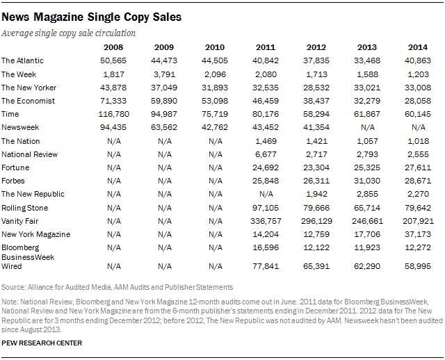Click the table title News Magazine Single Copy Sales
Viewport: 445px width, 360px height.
click(91, 17)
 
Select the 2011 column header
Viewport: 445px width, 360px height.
click(266, 47)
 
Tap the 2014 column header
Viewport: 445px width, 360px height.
click(418, 47)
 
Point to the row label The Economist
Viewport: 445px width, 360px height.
click(28, 101)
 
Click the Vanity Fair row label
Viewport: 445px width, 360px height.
click(20, 221)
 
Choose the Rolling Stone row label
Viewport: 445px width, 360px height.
click(25, 208)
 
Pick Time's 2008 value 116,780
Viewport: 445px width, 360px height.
click(113, 115)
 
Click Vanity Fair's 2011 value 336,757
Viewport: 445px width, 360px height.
click(266, 221)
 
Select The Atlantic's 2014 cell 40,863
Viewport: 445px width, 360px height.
click(418, 60)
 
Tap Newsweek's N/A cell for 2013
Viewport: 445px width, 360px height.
click(368, 128)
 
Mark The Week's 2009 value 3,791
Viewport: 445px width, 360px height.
click(164, 74)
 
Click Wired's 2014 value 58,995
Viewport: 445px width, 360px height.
click(418, 266)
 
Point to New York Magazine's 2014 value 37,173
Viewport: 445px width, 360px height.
click(418, 234)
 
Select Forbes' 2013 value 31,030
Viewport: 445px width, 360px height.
click(367, 181)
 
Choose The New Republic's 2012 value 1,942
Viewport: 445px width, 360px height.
click(316, 194)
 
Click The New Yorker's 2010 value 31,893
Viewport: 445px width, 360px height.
click(215, 88)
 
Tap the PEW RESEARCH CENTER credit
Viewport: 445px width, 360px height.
click(42, 343)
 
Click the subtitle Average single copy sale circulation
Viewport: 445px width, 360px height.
click(68, 33)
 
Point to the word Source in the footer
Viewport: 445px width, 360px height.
click(13, 288)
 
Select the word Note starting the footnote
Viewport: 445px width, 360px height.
click(10, 302)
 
